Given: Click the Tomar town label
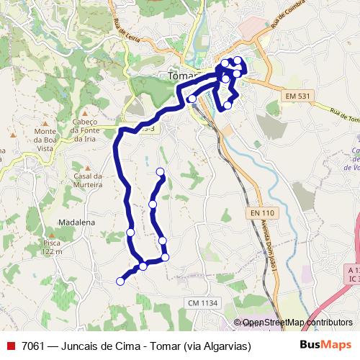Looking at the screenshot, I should click(x=181, y=76).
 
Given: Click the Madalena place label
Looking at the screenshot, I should click(x=77, y=223).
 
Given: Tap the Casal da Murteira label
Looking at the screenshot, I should click(x=89, y=180).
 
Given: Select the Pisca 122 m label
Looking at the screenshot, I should click(x=52, y=247).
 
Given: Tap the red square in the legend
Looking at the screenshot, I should click(x=10, y=346).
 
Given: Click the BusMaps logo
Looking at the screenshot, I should click(x=326, y=346).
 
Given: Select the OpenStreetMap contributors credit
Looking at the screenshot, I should click(x=297, y=323).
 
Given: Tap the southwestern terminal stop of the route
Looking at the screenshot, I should click(x=120, y=282).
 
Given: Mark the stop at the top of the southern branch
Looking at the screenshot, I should click(x=160, y=171).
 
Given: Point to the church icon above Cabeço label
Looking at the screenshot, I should click(x=85, y=113).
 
